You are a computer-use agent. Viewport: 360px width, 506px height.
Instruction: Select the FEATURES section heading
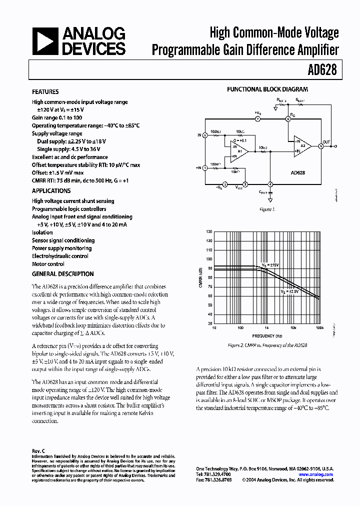click(45, 92)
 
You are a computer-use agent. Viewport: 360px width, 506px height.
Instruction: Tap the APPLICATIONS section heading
click(51, 191)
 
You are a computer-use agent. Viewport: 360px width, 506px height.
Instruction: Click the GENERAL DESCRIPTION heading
click(63, 274)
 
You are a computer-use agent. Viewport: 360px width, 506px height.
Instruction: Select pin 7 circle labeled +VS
click(257, 119)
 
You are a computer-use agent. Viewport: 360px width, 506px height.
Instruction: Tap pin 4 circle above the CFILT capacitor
click(270, 184)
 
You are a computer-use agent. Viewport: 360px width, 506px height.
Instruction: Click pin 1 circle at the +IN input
click(205, 167)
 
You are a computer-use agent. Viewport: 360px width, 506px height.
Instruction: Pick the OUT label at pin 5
click(326, 142)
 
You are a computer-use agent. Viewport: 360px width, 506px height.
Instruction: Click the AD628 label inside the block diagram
click(298, 172)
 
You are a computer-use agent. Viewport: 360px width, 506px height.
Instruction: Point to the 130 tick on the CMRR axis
click(208, 232)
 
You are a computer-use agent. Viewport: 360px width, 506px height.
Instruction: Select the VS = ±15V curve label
click(270, 264)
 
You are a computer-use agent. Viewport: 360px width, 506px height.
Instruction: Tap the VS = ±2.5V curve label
click(289, 291)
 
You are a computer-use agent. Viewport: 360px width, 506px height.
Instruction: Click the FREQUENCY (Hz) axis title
click(267, 335)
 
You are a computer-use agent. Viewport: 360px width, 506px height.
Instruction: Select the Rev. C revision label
click(38, 450)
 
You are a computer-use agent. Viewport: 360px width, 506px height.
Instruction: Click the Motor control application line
click(48, 264)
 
